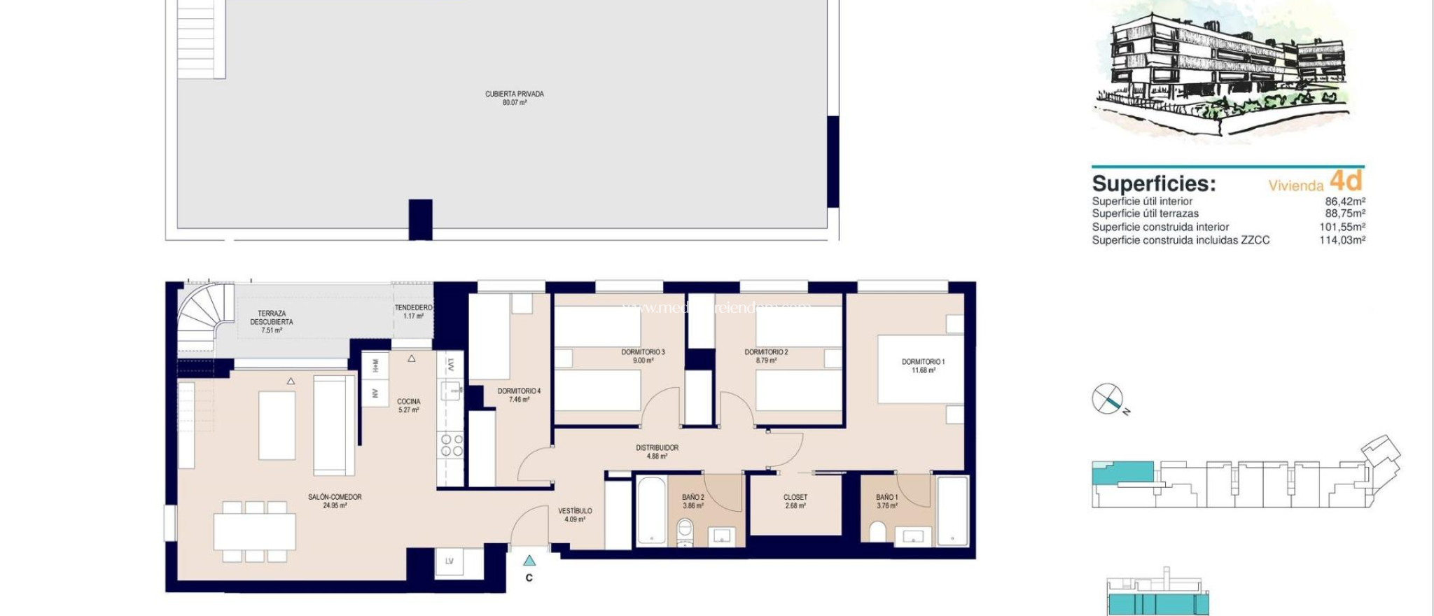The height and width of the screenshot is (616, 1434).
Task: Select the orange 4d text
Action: [1345, 181]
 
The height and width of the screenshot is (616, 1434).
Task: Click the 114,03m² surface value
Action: [1342, 240]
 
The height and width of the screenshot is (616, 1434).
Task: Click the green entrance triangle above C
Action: [529, 560]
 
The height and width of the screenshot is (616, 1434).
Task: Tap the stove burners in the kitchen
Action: [450, 444]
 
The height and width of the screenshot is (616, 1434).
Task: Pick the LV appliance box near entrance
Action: [450, 561]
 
